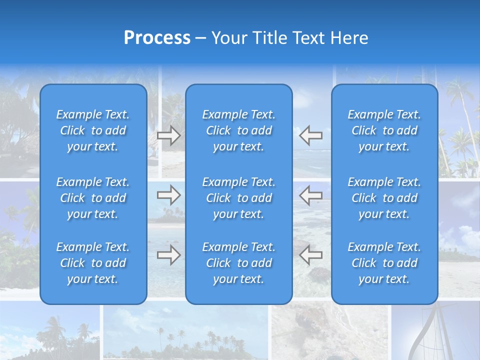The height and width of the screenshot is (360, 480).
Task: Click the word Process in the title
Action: pyautogui.click(x=157, y=38)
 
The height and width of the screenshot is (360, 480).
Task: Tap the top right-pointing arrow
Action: pyautogui.click(x=168, y=135)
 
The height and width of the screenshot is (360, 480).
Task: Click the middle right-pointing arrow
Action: pyautogui.click(x=168, y=195)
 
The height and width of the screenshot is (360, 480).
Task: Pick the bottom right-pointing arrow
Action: pyautogui.click(x=168, y=255)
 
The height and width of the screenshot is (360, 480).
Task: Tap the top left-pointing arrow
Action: pyautogui.click(x=310, y=135)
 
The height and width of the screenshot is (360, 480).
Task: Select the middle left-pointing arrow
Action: pyautogui.click(x=310, y=195)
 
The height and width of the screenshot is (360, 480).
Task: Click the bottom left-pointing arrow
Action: pyautogui.click(x=310, y=255)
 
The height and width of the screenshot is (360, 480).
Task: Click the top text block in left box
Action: pyautogui.click(x=93, y=130)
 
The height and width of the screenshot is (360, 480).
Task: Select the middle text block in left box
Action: pyautogui.click(x=93, y=198)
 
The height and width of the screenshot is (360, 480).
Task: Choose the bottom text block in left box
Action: pyautogui.click(x=93, y=263)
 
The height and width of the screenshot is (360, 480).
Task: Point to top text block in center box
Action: pyautogui.click(x=238, y=130)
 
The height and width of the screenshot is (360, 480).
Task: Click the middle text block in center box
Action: pyautogui.click(x=238, y=198)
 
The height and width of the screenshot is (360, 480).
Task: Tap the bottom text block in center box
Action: pyautogui.click(x=238, y=263)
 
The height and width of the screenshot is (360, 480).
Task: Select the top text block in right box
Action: pyautogui.click(x=384, y=130)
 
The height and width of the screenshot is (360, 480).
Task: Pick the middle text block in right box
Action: pyautogui.click(x=384, y=198)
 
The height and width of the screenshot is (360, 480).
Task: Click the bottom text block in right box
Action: pyautogui.click(x=384, y=263)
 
